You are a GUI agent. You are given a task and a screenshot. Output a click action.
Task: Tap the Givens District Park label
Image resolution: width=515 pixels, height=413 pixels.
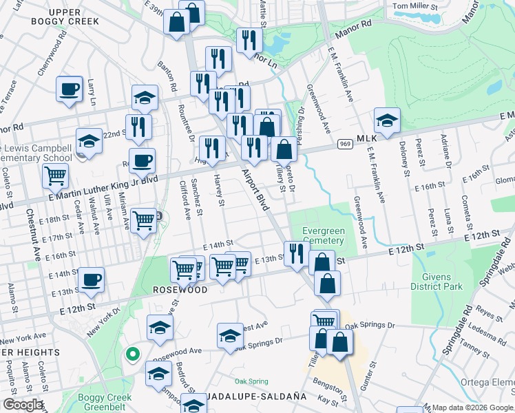(x=437, y=282)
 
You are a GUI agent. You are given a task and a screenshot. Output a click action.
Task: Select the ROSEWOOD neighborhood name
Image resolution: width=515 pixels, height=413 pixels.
(x=180, y=290)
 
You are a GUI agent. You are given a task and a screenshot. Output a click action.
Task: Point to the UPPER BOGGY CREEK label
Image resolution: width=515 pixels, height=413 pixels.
(x=65, y=17)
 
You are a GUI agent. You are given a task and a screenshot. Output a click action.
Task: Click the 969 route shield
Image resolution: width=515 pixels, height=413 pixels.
(x=346, y=144)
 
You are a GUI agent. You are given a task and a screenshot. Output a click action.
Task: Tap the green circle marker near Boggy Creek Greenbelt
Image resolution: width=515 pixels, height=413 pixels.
(x=132, y=354)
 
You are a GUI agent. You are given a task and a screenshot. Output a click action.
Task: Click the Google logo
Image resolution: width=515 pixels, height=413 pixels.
(x=23, y=404)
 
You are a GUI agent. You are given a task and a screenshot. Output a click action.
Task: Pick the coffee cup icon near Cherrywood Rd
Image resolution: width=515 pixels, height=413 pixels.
(x=69, y=89)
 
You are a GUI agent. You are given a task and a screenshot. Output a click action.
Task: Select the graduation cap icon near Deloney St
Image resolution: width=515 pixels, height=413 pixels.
(x=388, y=120)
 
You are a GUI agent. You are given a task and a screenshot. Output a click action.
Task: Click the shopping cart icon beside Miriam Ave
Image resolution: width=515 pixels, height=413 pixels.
(x=143, y=221)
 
